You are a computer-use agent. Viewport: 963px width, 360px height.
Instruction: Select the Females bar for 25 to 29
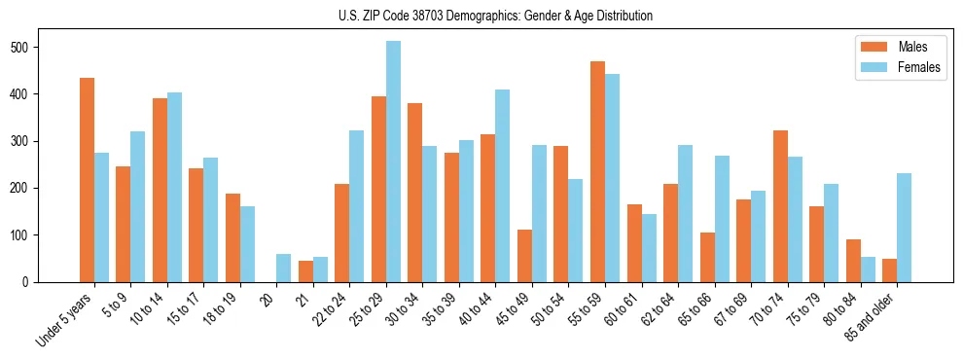point(393,162)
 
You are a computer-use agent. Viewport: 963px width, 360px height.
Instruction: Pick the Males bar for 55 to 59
point(597,171)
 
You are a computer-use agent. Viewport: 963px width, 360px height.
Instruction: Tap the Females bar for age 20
point(283,268)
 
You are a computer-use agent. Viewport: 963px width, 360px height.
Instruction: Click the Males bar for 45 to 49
point(524,256)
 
